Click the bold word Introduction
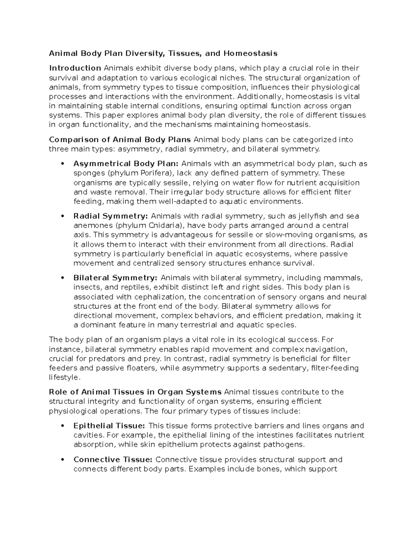pos(75,68)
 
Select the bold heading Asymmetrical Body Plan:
pos(126,164)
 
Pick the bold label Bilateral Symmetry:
pos(115,278)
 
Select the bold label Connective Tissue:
pos(113,460)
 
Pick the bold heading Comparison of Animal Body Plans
pos(120,140)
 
